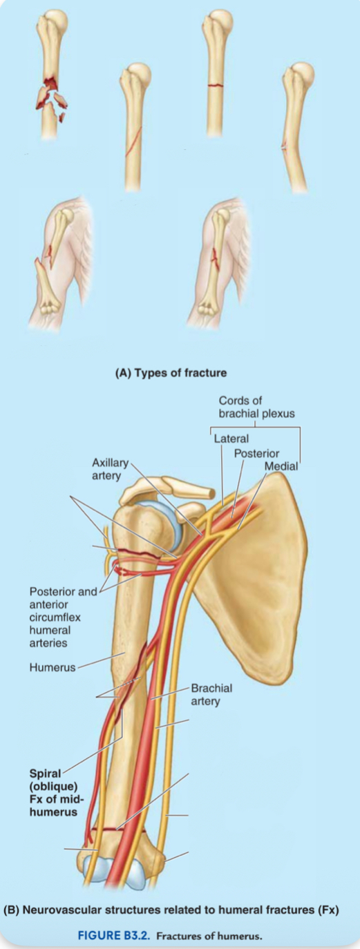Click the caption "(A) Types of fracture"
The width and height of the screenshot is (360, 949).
coord(171,373)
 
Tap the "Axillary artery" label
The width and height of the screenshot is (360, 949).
coord(110,469)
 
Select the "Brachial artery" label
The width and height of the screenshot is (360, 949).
coord(211,694)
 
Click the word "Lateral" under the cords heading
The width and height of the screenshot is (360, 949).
coord(231,439)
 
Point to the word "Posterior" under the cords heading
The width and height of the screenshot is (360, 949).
coord(256,453)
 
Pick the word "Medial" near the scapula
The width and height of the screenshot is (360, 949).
coord(281,466)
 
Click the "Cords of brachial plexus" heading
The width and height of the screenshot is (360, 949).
coord(256,407)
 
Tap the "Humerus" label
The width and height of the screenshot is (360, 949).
coord(52,667)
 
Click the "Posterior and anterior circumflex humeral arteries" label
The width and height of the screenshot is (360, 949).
coord(63,617)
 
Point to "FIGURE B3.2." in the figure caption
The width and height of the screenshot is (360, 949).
coord(114,935)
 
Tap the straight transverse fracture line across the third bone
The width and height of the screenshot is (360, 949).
coord(216,85)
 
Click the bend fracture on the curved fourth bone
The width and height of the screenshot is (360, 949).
coord(285,147)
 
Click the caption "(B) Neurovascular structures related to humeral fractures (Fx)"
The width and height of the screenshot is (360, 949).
coord(171,910)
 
